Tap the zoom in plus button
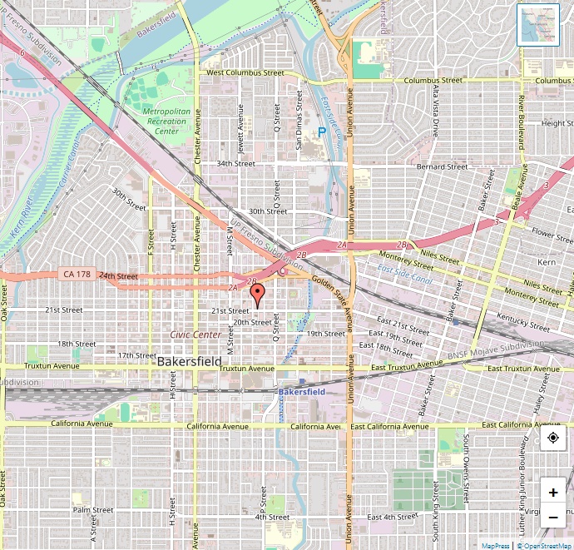[x=553, y=492]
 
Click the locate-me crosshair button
[x=553, y=439]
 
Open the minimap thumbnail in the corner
[x=538, y=24]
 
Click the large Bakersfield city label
[x=189, y=362]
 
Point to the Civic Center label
[x=195, y=334]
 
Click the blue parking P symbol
[x=321, y=132]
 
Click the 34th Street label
[x=235, y=164]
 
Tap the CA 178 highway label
[x=76, y=274]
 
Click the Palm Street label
[x=92, y=510]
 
